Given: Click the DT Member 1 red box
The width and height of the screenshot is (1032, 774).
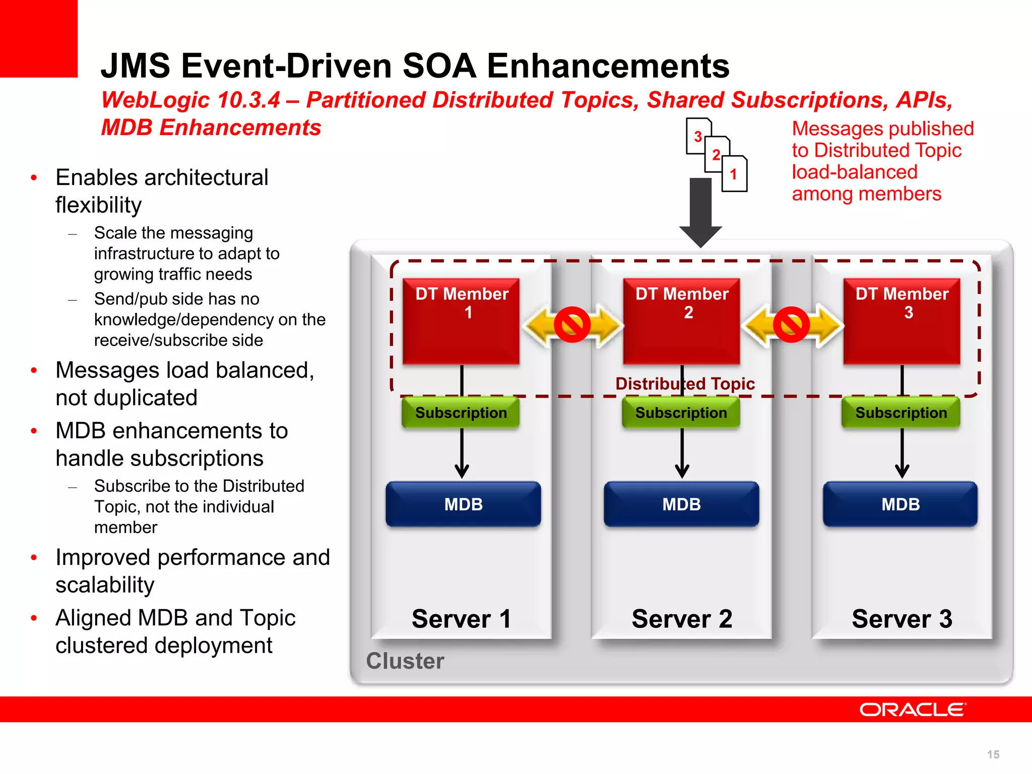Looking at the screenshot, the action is pyautogui.click(x=461, y=321).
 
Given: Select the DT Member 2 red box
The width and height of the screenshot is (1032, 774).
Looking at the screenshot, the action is pyautogui.click(x=681, y=321).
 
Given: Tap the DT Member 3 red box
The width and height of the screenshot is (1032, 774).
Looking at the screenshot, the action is pyautogui.click(x=901, y=321).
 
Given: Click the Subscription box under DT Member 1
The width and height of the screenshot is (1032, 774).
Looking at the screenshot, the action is pyautogui.click(x=461, y=413).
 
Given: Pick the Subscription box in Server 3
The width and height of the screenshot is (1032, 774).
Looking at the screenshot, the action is pyautogui.click(x=901, y=413).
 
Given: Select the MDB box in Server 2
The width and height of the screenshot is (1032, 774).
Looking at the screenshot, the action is pyautogui.click(x=681, y=504).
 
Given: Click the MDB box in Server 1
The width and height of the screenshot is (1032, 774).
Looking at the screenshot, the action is pyautogui.click(x=463, y=504).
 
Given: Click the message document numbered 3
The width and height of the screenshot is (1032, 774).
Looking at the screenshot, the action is pyautogui.click(x=697, y=136).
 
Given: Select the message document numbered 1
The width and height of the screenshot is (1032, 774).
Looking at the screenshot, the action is pyautogui.click(x=734, y=174).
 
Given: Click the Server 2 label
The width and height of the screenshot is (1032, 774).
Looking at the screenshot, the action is pyautogui.click(x=682, y=619).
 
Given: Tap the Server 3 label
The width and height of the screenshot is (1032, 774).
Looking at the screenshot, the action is pyautogui.click(x=902, y=619).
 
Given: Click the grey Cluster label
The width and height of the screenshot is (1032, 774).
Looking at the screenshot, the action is pyautogui.click(x=405, y=661).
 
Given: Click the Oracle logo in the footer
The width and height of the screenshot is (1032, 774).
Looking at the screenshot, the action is pyautogui.click(x=913, y=709).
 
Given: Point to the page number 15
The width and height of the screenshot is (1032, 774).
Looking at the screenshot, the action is pyautogui.click(x=993, y=754).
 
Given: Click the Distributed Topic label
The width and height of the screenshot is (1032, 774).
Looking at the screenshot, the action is pyautogui.click(x=685, y=384).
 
